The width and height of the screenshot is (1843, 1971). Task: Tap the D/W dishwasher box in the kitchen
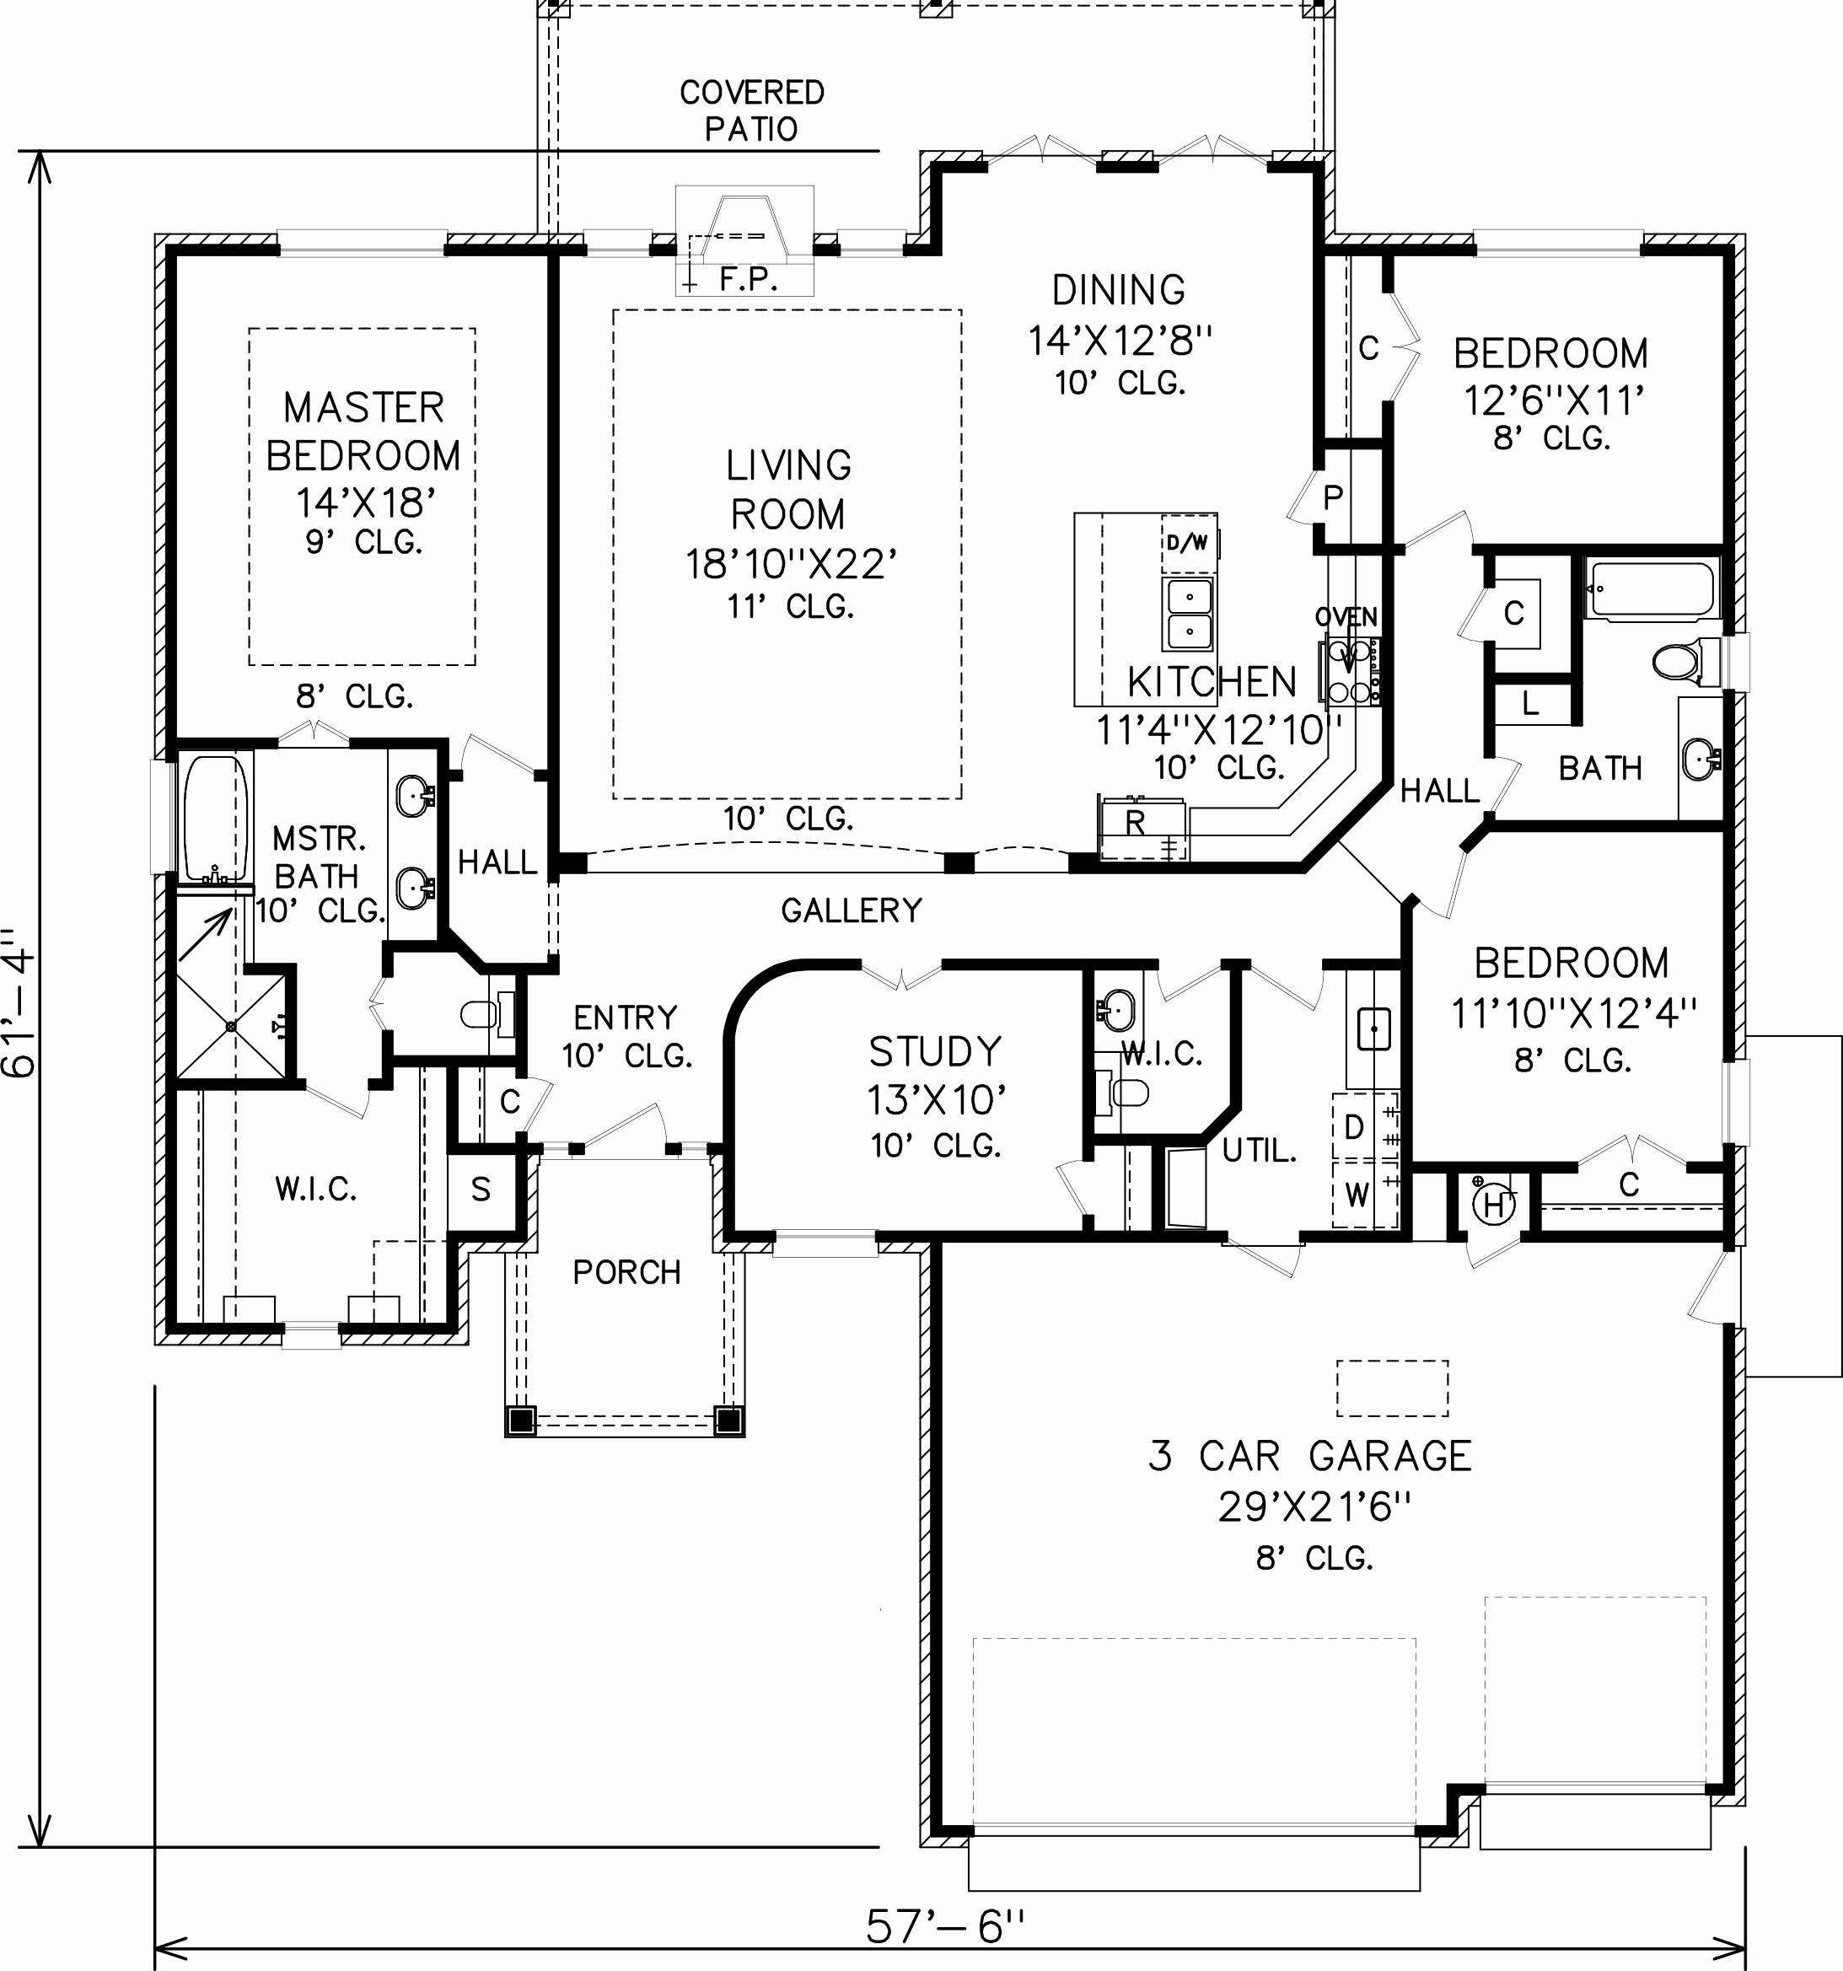click(1187, 542)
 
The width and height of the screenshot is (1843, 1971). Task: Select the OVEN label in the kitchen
click(1346, 617)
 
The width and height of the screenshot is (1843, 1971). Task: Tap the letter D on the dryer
click(1354, 1126)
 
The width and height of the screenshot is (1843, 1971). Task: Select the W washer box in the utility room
click(1357, 1195)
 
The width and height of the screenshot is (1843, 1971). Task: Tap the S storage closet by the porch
click(481, 1190)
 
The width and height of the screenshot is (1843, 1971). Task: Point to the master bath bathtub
click(214, 817)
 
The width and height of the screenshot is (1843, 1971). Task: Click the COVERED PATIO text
click(751, 110)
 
